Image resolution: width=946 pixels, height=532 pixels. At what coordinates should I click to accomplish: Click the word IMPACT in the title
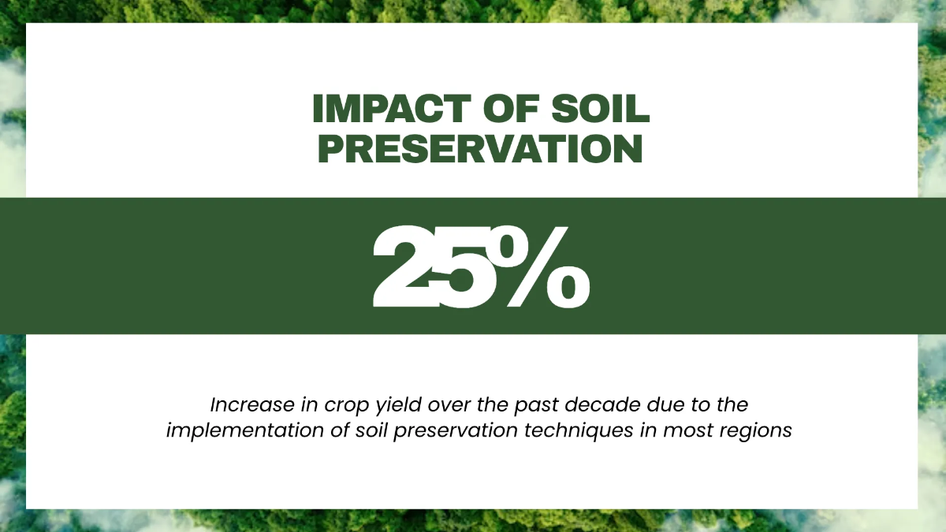click(392, 109)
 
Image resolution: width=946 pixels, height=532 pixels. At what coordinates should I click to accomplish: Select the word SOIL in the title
click(600, 109)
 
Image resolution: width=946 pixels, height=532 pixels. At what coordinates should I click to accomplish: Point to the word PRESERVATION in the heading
click(480, 148)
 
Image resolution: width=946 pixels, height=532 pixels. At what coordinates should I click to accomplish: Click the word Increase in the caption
click(252, 404)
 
